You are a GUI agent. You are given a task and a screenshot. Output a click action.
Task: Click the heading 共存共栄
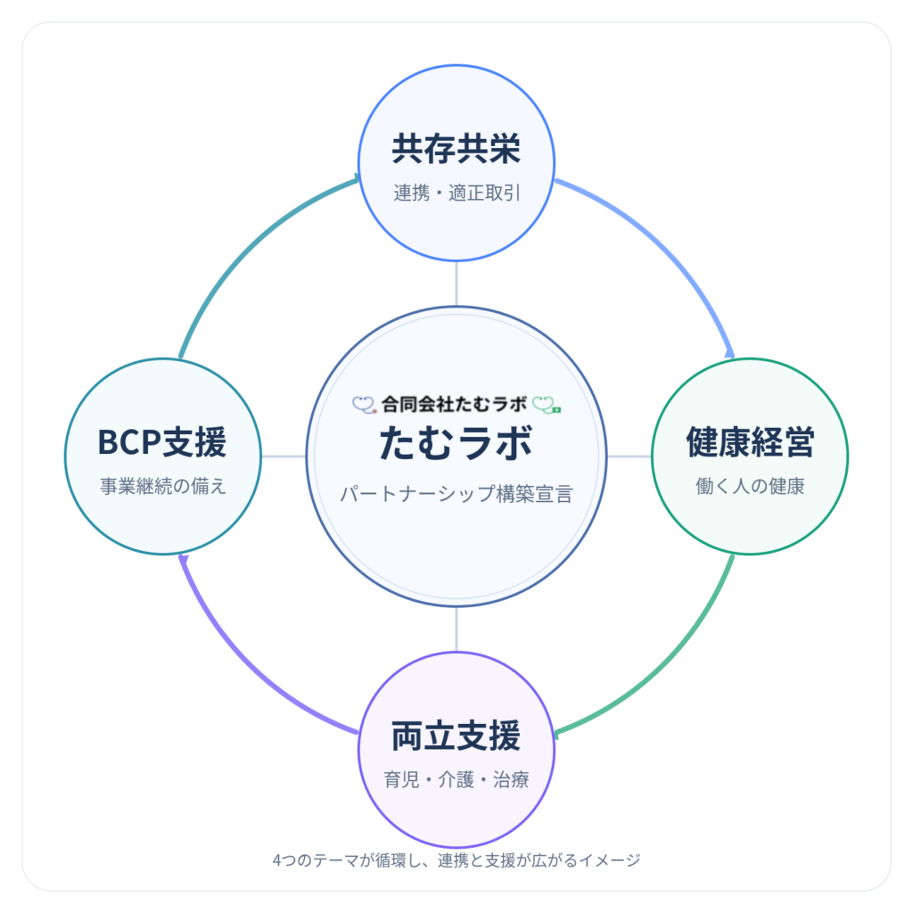[x=456, y=150]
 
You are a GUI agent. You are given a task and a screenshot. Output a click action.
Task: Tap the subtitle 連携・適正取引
[x=456, y=193]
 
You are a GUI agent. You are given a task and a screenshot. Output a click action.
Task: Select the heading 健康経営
[x=750, y=442]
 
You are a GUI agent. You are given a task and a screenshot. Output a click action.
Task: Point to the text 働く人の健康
[x=750, y=487]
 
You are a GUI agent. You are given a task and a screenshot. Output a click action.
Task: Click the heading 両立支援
[x=456, y=736]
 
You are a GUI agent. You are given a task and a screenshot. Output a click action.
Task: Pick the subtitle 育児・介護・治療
[x=456, y=780]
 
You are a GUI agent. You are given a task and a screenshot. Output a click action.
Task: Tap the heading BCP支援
[x=161, y=442]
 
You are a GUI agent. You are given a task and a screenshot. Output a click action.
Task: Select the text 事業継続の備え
[x=161, y=487]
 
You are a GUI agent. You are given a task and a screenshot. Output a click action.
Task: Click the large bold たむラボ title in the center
[x=456, y=444]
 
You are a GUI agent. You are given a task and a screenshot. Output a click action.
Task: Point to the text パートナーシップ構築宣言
[x=456, y=494]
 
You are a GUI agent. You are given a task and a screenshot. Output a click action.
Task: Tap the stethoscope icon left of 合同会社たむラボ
[x=364, y=403]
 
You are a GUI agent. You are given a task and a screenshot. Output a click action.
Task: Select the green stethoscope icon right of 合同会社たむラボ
[x=547, y=404]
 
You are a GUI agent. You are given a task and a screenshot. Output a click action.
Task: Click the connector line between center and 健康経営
[x=629, y=456]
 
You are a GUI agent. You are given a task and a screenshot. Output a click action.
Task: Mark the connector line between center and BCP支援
[x=284, y=456]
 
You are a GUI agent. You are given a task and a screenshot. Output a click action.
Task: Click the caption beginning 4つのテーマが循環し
[x=456, y=860]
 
